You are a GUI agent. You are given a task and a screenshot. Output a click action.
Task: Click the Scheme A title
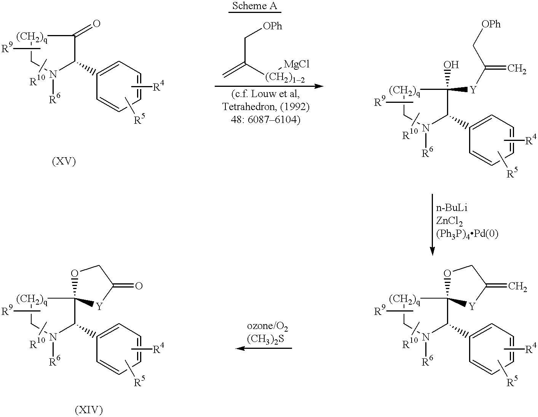coord(254,6)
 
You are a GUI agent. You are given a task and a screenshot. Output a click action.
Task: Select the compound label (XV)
coord(64,161)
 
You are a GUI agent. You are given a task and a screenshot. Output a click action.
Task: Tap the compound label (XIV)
coord(89,410)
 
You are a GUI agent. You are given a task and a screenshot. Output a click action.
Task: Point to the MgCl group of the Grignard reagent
coord(297,64)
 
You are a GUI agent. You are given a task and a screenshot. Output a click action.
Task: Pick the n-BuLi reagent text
coord(452,208)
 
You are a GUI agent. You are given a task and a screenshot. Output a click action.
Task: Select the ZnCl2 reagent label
coord(449,221)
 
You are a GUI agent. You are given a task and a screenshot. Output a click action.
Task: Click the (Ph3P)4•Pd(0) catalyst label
coord(467,234)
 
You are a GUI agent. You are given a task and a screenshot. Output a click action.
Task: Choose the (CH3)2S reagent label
coord(265,339)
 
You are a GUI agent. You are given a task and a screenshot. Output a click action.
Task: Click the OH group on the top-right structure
coord(451,65)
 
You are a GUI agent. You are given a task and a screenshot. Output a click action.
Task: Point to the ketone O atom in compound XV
coord(97,24)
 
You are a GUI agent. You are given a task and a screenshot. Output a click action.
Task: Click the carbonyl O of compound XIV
coord(139,286)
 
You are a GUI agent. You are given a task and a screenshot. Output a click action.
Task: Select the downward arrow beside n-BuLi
coord(432,225)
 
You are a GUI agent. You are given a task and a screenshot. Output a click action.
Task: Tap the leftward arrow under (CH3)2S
coord(263,348)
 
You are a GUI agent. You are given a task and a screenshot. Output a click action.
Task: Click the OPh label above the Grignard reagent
coord(273,26)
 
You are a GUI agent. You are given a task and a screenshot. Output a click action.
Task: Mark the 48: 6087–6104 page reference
coord(266,120)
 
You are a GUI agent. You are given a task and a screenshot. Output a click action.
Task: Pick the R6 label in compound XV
coord(54,98)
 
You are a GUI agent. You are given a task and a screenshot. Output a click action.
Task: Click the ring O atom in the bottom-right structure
coord(447,273)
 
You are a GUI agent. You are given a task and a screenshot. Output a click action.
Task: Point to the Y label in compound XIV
coord(99,307)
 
